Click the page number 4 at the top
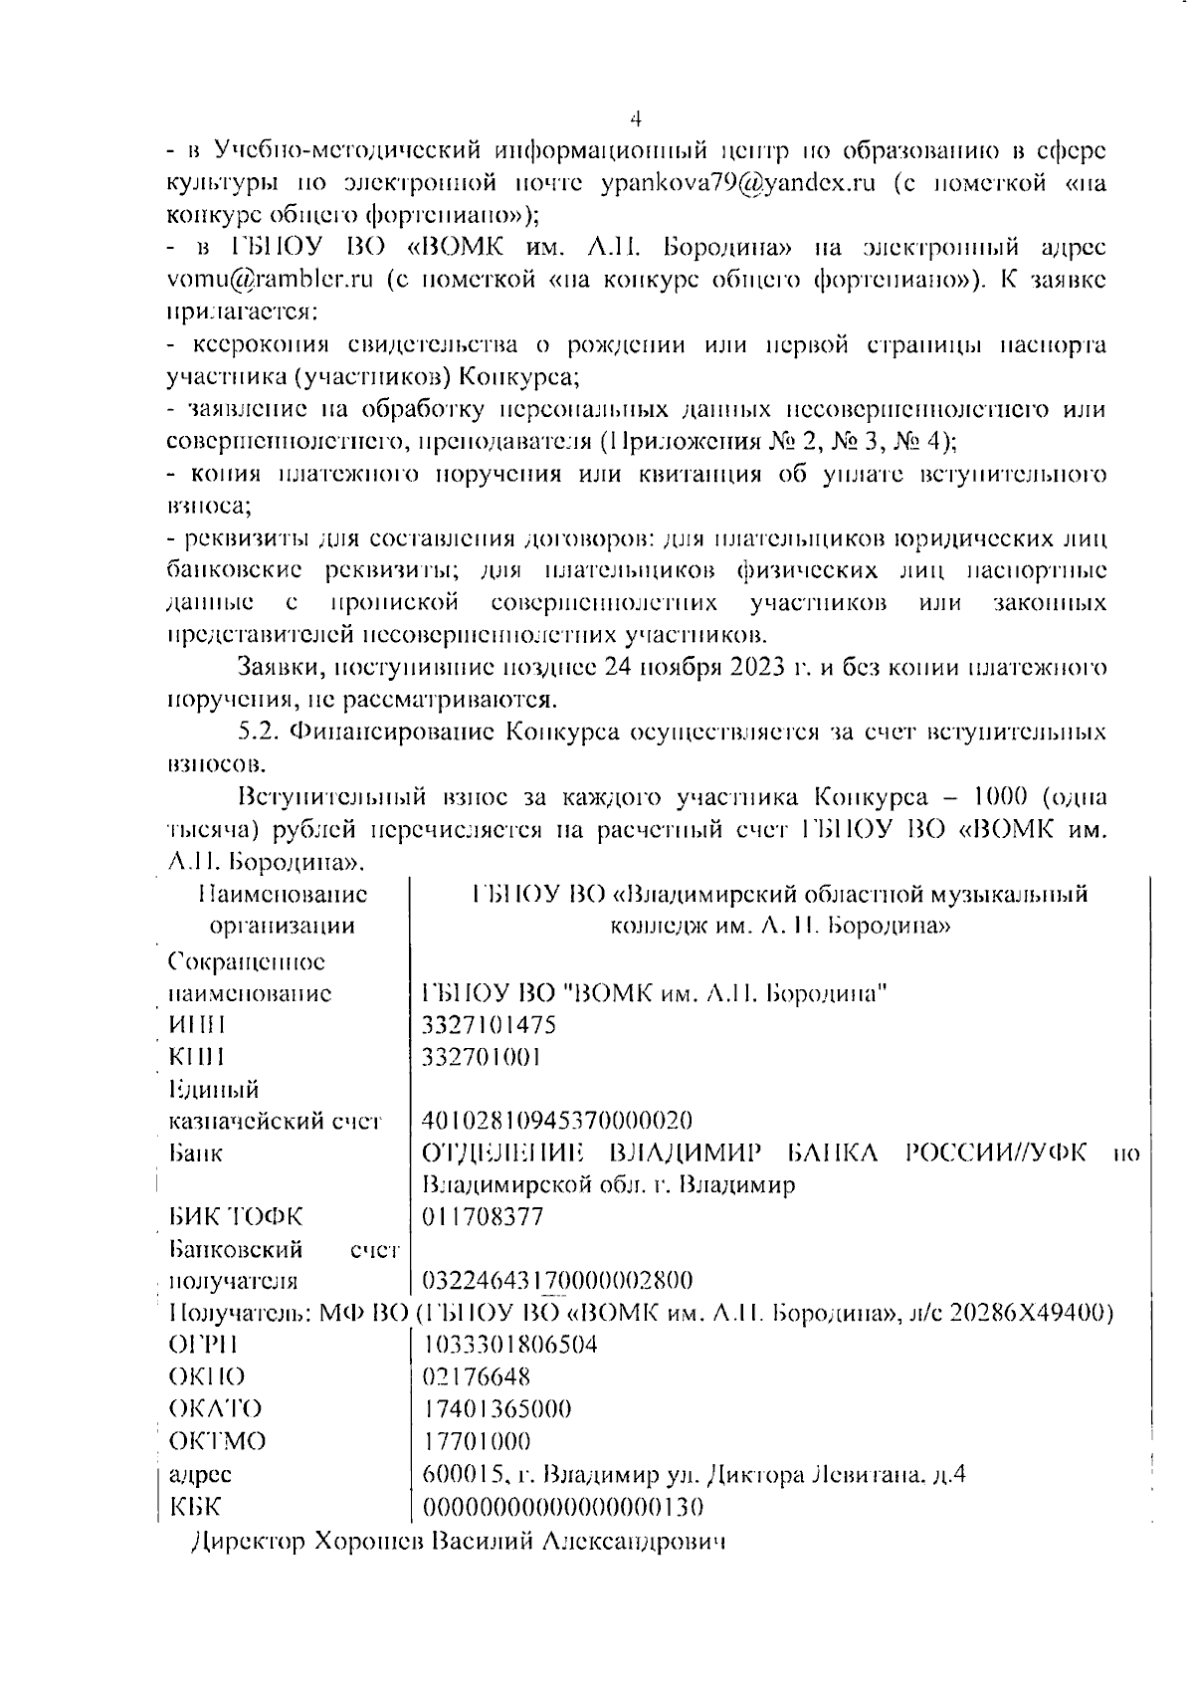(637, 119)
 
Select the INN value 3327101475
(490, 1024)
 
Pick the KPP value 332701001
(482, 1056)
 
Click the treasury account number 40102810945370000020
(557, 1121)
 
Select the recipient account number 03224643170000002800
(557, 1280)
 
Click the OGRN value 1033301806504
(510, 1345)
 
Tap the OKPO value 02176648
(477, 1377)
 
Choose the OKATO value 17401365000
(497, 1409)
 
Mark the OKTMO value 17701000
(477, 1441)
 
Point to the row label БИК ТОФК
(237, 1216)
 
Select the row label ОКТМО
(218, 1441)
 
